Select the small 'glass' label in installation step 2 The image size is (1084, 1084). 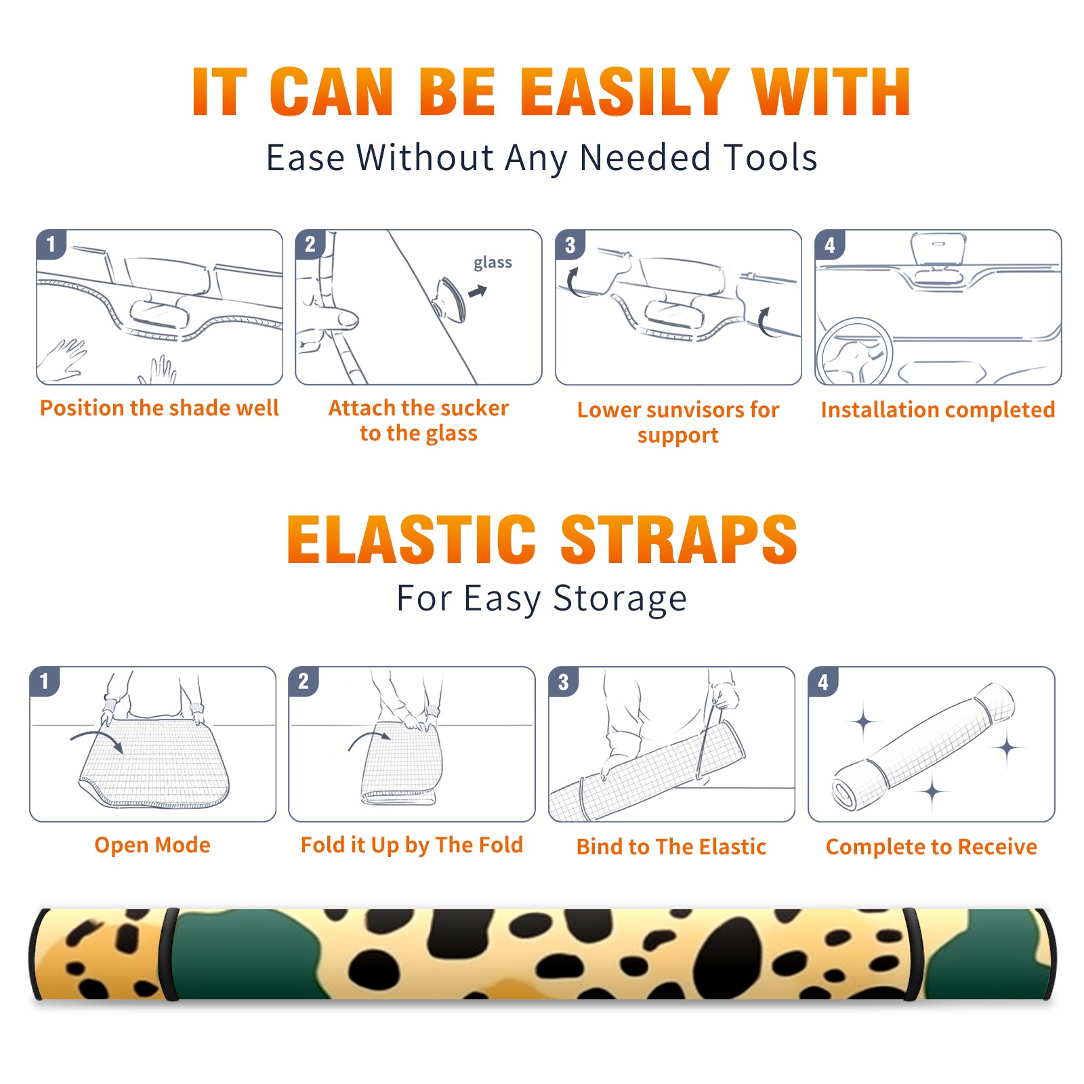(493, 263)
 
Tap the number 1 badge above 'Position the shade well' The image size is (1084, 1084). (51, 244)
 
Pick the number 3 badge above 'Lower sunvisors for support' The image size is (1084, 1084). (570, 245)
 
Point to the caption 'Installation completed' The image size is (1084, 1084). (938, 409)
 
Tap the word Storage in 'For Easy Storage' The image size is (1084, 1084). (620, 599)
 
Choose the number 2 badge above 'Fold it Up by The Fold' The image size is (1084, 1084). (303, 681)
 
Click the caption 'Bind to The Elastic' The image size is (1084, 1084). (671, 846)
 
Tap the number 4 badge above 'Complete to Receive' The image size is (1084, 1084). (822, 682)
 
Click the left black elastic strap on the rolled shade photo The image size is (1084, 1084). (168, 955)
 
